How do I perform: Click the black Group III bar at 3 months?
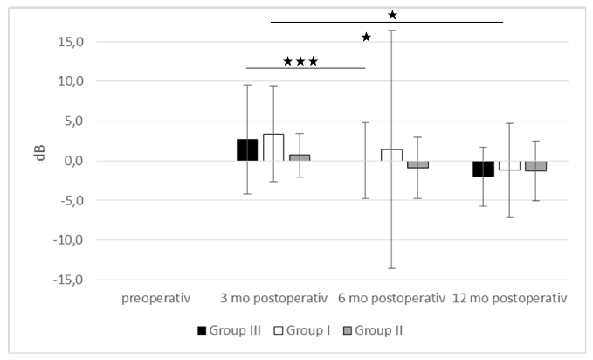[x=247, y=149]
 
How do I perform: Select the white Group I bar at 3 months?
[x=273, y=147]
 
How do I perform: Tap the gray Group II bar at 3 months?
[x=300, y=157]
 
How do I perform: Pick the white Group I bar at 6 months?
[x=391, y=155]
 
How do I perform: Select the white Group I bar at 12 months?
[x=509, y=165]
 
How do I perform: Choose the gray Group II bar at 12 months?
[x=535, y=166]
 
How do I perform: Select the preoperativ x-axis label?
[x=156, y=299]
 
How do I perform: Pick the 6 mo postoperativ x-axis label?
[x=391, y=299]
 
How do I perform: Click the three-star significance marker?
[x=300, y=62]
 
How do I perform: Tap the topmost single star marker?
[x=392, y=14]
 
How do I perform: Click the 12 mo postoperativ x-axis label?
[x=510, y=299]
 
